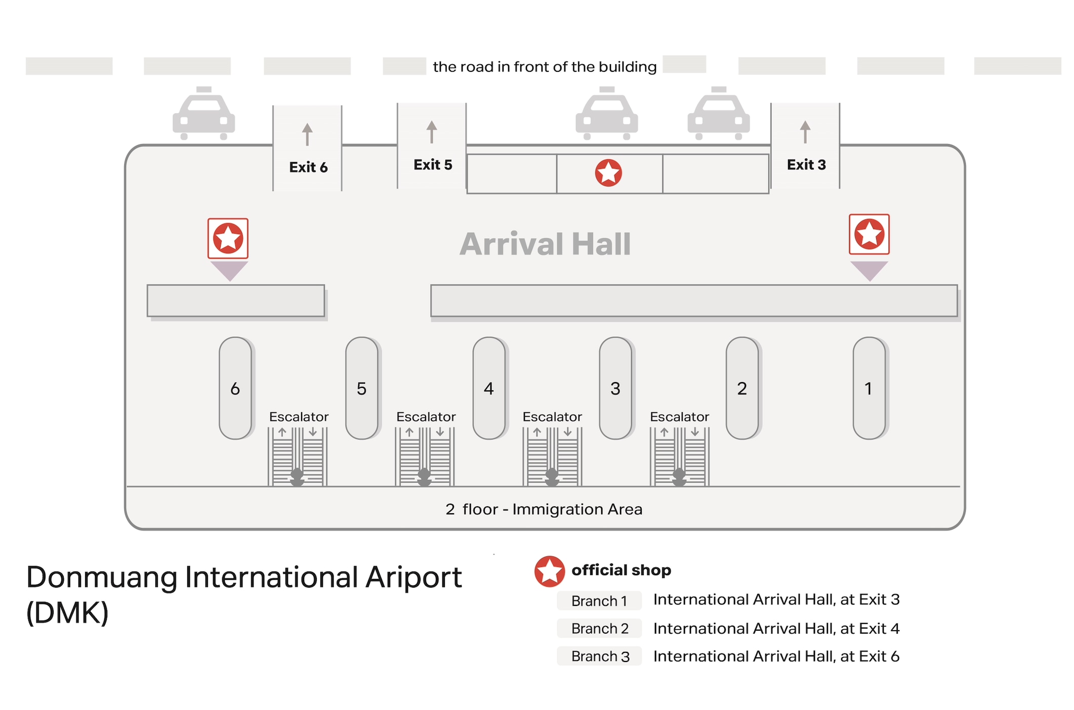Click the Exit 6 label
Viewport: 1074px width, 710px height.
[308, 167]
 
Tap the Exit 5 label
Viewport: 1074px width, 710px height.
[433, 164]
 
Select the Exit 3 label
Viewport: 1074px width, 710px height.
[806, 164]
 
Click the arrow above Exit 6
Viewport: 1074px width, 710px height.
[307, 134]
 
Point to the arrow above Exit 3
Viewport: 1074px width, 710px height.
[805, 131]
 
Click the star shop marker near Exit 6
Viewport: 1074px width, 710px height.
[228, 238]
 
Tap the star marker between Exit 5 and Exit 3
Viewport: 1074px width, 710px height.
[608, 173]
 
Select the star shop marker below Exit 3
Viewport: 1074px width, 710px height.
[869, 234]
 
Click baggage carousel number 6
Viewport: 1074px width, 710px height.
[235, 388]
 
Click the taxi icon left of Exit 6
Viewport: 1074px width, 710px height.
[203, 113]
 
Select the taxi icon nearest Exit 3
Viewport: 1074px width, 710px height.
[719, 113]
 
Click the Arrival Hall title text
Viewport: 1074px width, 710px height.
[545, 244]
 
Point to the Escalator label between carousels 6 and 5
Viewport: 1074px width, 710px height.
[299, 417]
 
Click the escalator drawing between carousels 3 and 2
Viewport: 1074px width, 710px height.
[679, 457]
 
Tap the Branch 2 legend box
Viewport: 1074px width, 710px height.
[599, 628]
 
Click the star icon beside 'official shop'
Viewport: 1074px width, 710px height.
[550, 571]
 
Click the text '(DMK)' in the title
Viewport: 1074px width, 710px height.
[67, 613]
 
